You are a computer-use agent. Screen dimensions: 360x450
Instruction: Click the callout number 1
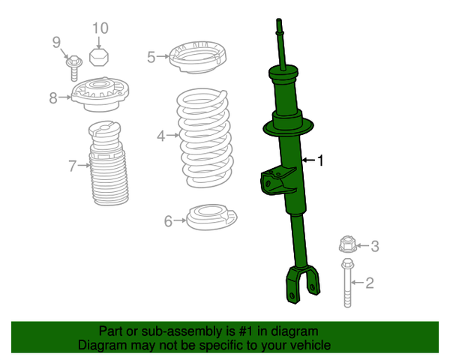click(x=321, y=160)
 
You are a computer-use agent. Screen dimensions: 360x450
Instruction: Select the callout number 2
click(x=369, y=283)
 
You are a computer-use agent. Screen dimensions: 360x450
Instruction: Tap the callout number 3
click(x=376, y=245)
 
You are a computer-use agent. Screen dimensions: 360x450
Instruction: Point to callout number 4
click(x=160, y=136)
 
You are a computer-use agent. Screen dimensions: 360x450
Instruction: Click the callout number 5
click(x=151, y=57)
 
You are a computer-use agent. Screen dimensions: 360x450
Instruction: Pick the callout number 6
click(x=168, y=220)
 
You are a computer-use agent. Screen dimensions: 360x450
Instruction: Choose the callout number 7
click(x=73, y=166)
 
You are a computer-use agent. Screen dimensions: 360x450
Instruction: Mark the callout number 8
click(x=53, y=97)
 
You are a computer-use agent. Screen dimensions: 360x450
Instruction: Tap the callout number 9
click(x=55, y=42)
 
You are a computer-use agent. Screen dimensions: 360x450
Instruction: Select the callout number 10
click(x=100, y=28)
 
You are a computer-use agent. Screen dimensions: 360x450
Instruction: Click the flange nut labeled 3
click(x=346, y=244)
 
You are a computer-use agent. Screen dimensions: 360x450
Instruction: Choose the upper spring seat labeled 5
click(x=194, y=58)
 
